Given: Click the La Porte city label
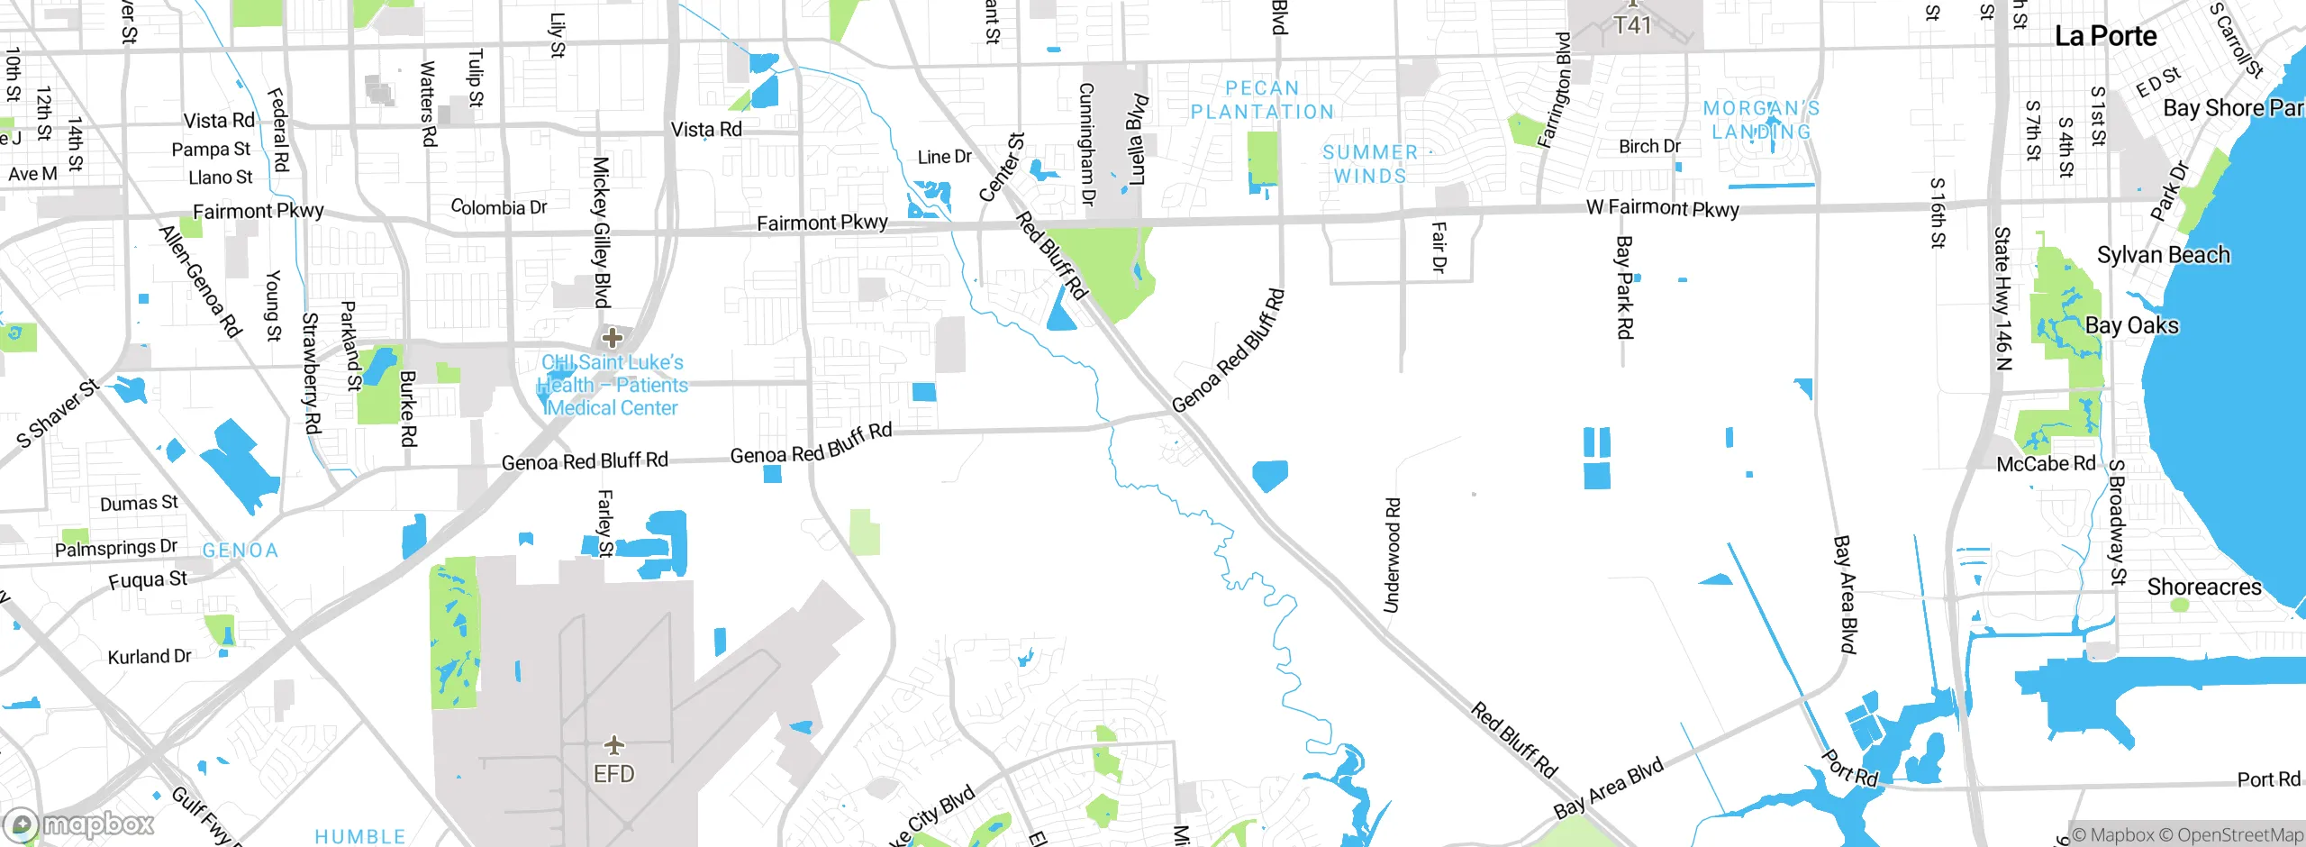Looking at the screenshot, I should [x=2105, y=36].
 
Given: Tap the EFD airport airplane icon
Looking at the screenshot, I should [x=613, y=745].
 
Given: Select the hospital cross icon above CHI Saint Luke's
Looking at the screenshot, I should [x=613, y=338].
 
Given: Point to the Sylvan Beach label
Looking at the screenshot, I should [x=2163, y=255].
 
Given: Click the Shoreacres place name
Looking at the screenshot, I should [x=2203, y=587].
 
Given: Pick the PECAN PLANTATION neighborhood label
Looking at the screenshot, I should [x=1262, y=100].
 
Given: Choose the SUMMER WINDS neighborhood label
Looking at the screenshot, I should [x=1370, y=164].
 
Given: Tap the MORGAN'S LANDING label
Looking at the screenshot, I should [x=1761, y=120].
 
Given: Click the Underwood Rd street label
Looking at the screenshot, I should [x=1392, y=555].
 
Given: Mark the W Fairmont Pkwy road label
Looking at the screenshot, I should [x=1662, y=207].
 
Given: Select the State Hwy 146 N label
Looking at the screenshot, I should [x=2002, y=298].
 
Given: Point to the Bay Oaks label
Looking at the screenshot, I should [x=2131, y=325].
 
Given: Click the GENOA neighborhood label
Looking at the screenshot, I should [x=240, y=551].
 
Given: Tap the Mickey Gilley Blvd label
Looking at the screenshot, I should [x=602, y=232].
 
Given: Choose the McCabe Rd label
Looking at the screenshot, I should [x=2046, y=464].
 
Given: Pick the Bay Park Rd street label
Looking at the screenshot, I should [x=1623, y=287].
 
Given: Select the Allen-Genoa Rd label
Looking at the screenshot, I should [x=200, y=281].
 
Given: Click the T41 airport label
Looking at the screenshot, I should [x=1631, y=25].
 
